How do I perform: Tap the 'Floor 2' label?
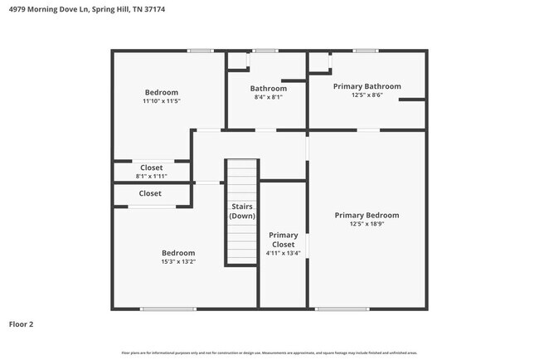coord(22,324)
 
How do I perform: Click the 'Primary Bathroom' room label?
coord(367,86)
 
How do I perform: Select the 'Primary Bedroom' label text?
coord(367,215)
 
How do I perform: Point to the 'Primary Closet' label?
coord(283,240)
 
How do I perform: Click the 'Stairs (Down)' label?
coord(242,211)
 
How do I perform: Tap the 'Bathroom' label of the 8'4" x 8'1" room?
coord(269,89)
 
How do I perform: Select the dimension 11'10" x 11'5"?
coord(161,101)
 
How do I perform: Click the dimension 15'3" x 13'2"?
coord(178,262)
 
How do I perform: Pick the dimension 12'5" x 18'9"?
coord(367,224)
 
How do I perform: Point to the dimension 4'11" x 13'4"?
coord(283,254)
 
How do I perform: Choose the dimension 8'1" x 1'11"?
coord(151,177)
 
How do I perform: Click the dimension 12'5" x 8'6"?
coord(367,95)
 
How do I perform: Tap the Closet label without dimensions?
coord(150,193)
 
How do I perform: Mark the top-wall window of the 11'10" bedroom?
coord(200,51)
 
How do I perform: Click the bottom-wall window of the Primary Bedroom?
coord(342,309)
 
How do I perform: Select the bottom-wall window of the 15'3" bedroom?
coord(168,309)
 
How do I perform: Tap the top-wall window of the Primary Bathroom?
coord(365,51)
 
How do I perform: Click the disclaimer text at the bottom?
coord(269,353)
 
